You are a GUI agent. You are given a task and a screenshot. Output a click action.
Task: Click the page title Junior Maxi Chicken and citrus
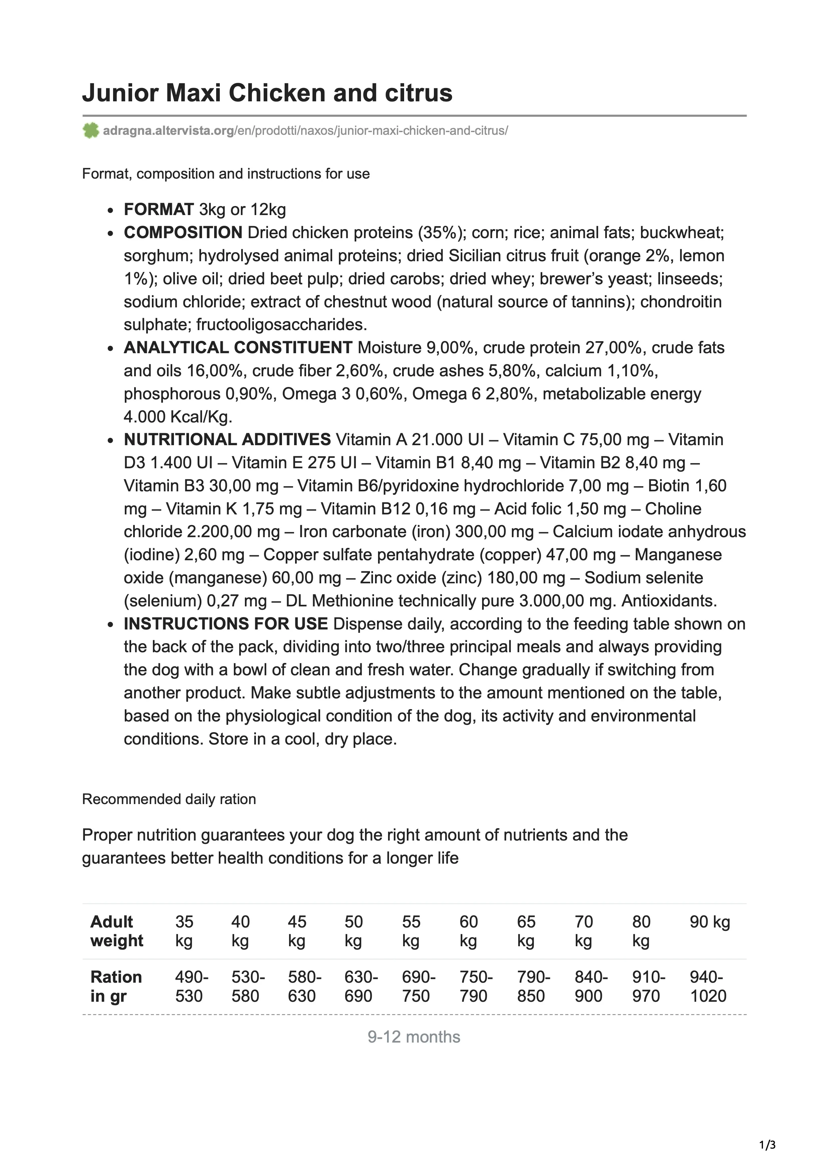pos(267,93)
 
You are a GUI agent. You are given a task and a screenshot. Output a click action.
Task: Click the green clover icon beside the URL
pos(90,131)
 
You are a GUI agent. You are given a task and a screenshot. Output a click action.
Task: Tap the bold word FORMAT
pos(159,209)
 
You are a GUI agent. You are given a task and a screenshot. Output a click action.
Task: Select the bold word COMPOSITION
pos(183,232)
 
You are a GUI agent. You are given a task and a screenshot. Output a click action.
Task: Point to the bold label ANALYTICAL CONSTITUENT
pos(238,348)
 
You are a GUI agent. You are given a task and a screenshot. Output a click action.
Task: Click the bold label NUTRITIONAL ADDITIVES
pos(227,439)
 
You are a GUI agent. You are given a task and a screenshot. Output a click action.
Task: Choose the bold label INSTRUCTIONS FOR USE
pos(225,624)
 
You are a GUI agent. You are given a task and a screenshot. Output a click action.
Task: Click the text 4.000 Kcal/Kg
pos(178,417)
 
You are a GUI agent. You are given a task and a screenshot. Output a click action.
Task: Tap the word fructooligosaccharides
pos(281,325)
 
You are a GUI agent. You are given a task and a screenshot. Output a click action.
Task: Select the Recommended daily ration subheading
pos(169,799)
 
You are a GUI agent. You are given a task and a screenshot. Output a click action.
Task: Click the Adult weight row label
pos(116,931)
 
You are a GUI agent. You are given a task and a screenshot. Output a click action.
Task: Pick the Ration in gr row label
pos(116,986)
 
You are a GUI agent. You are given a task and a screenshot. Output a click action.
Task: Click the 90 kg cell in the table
pos(710,922)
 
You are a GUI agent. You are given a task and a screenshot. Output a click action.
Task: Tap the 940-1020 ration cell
pos(708,986)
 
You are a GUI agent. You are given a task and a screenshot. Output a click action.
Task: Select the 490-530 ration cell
pos(191,986)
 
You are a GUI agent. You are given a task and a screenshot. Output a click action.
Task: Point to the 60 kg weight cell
pos(468,931)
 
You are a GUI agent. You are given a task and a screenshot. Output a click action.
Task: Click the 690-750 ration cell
pos(418,986)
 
